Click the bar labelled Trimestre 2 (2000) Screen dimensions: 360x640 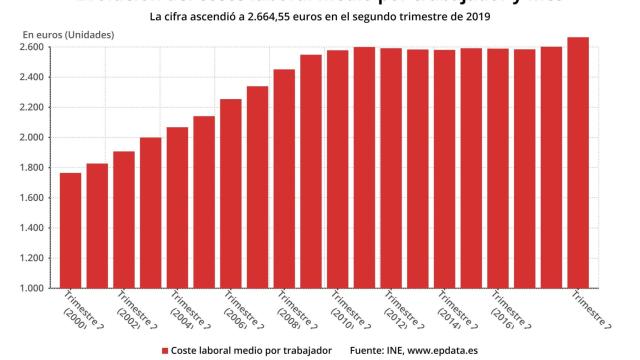[x=71, y=230]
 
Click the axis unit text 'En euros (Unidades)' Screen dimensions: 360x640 [x=68, y=35]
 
